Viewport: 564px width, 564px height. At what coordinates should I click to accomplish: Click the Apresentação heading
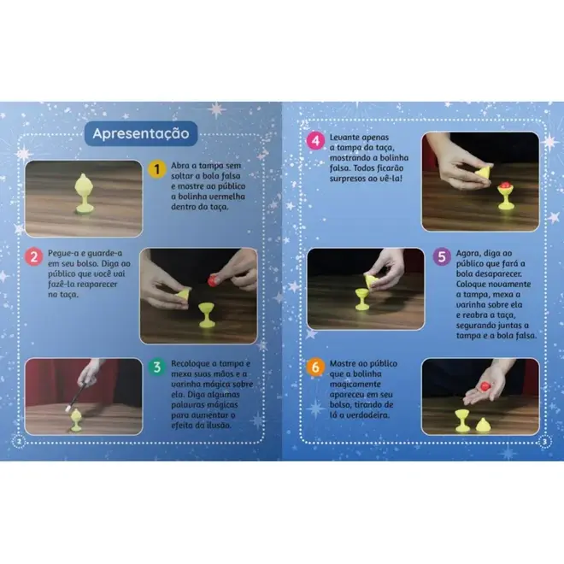point(141,133)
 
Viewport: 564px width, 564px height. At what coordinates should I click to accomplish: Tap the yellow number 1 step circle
point(157,169)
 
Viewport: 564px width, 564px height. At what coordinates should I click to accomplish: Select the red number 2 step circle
point(34,257)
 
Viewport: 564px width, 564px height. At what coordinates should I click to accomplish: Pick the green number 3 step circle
point(157,367)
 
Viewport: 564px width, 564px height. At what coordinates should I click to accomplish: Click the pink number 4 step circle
point(315,141)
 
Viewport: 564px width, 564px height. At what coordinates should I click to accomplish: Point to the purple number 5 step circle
point(442,257)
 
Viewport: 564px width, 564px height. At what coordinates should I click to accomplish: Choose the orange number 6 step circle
point(315,367)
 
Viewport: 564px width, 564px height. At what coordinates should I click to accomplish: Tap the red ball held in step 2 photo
point(213,279)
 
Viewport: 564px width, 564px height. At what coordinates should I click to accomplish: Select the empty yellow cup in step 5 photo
point(361,299)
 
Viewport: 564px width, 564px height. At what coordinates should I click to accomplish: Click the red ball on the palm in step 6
point(485,386)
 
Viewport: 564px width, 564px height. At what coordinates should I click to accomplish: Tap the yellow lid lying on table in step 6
point(483,426)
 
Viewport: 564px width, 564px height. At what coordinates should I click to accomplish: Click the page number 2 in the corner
point(20,442)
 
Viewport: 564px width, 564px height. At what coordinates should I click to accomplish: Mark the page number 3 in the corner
point(544,442)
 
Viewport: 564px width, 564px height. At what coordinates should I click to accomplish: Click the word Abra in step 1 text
point(179,166)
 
